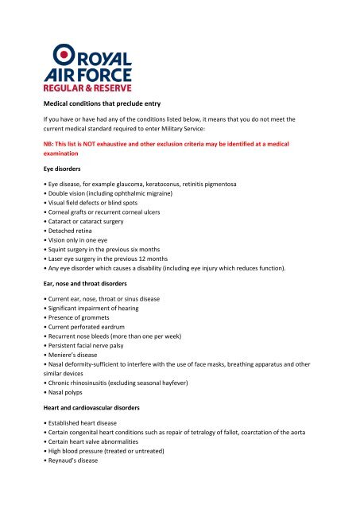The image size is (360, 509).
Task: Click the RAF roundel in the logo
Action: coord(64,54)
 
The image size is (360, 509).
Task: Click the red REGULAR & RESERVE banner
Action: coord(87,86)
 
